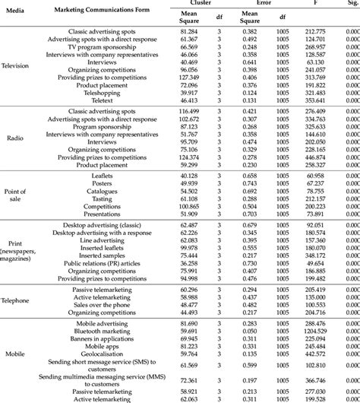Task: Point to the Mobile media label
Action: (x=15, y=354)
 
